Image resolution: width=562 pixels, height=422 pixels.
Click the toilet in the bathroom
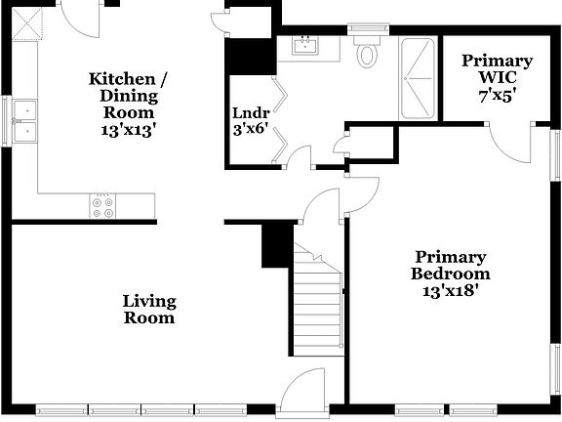tap(368, 53)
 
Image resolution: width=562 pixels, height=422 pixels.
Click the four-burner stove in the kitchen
tap(102, 206)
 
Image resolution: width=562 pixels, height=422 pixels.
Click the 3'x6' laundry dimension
tap(249, 127)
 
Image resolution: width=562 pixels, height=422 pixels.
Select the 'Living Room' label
tap(148, 309)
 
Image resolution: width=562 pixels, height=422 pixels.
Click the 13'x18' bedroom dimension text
tap(449, 290)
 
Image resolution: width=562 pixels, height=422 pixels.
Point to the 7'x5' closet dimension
tap(497, 95)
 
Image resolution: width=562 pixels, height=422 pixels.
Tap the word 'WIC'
tap(497, 78)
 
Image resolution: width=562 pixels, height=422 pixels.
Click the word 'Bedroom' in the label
tap(449, 274)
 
